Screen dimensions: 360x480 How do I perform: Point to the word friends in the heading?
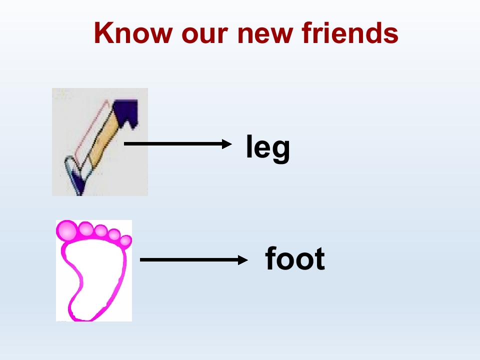coord(350,33)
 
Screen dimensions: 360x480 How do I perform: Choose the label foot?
coord(295,259)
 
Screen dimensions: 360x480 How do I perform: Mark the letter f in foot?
coord(271,258)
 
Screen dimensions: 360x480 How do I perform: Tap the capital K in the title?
coord(103,33)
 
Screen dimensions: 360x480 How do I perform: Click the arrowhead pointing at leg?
coord(227,144)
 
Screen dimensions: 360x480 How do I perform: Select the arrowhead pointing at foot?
coord(243,260)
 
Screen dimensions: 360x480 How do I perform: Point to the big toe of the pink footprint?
coord(67,230)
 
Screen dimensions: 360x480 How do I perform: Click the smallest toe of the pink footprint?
coord(126,241)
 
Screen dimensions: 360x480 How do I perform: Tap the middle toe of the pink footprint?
coord(101,231)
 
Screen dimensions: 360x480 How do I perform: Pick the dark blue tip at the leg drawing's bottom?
coord(78,187)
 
